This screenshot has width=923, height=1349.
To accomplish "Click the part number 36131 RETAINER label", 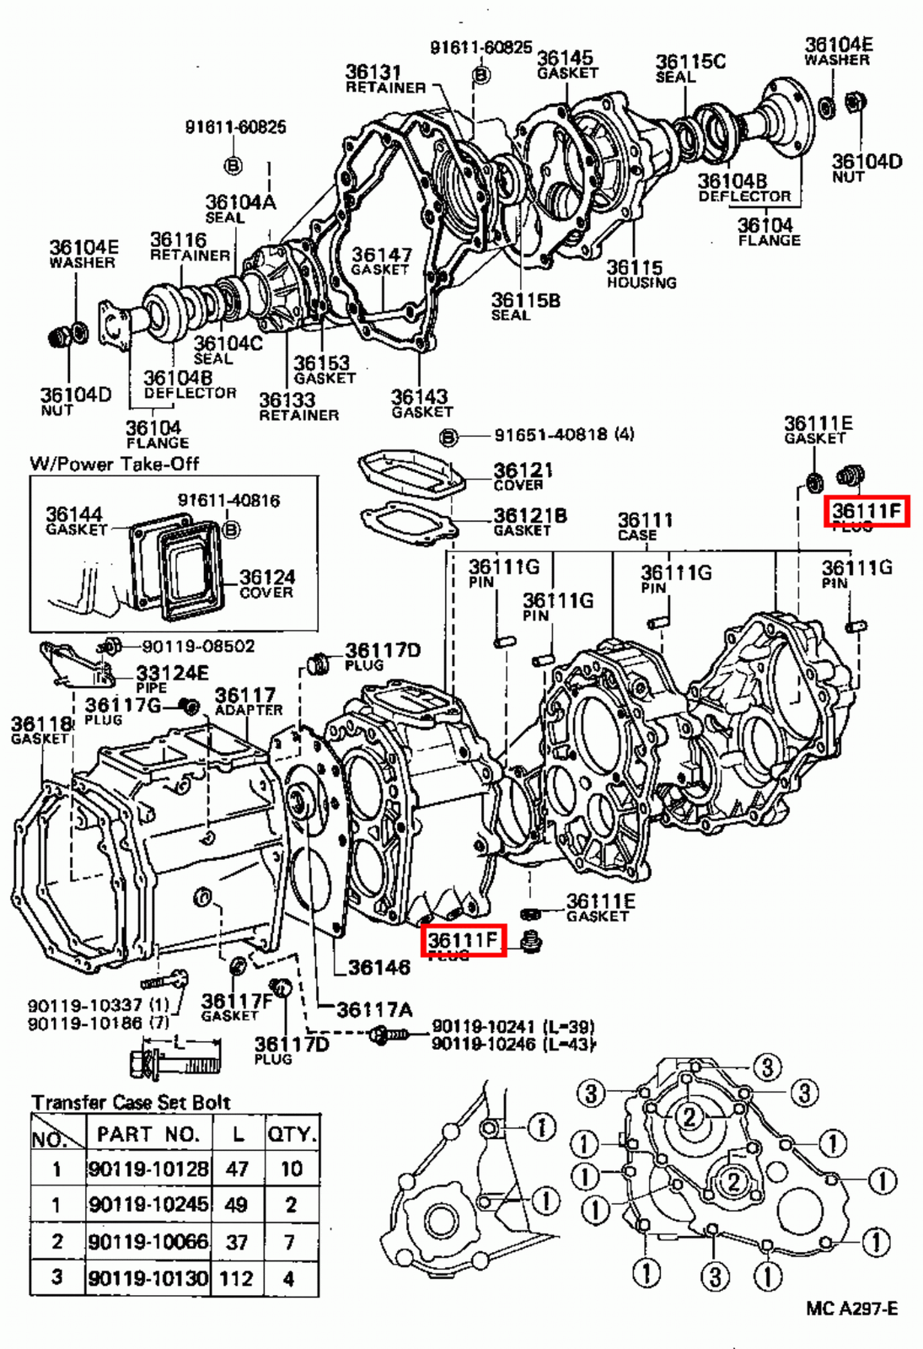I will click(x=384, y=79).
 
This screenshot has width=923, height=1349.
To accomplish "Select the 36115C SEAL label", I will click(x=689, y=67).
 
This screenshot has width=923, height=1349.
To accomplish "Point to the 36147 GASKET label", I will click(x=381, y=261).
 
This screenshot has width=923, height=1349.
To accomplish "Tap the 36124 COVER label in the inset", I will click(x=266, y=583).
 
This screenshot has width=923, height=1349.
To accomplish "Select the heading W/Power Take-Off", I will click(x=114, y=463).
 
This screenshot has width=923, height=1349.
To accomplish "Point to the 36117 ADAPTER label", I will click(x=247, y=701).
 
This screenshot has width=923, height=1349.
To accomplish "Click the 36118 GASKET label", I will click(x=40, y=730).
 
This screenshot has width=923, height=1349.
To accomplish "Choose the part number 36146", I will click(x=378, y=967).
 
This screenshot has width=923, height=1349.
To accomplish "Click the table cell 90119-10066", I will click(x=148, y=1241).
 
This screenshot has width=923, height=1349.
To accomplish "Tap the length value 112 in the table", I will click(x=236, y=1278).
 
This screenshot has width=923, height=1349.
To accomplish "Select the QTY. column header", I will click(x=292, y=1134).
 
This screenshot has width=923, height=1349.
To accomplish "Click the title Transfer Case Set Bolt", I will click(x=131, y=1102).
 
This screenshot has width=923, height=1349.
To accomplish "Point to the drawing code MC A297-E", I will click(x=851, y=1308).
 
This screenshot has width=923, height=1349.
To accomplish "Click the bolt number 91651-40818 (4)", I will click(x=563, y=435).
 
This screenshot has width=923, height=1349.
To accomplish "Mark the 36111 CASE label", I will click(x=644, y=526).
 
